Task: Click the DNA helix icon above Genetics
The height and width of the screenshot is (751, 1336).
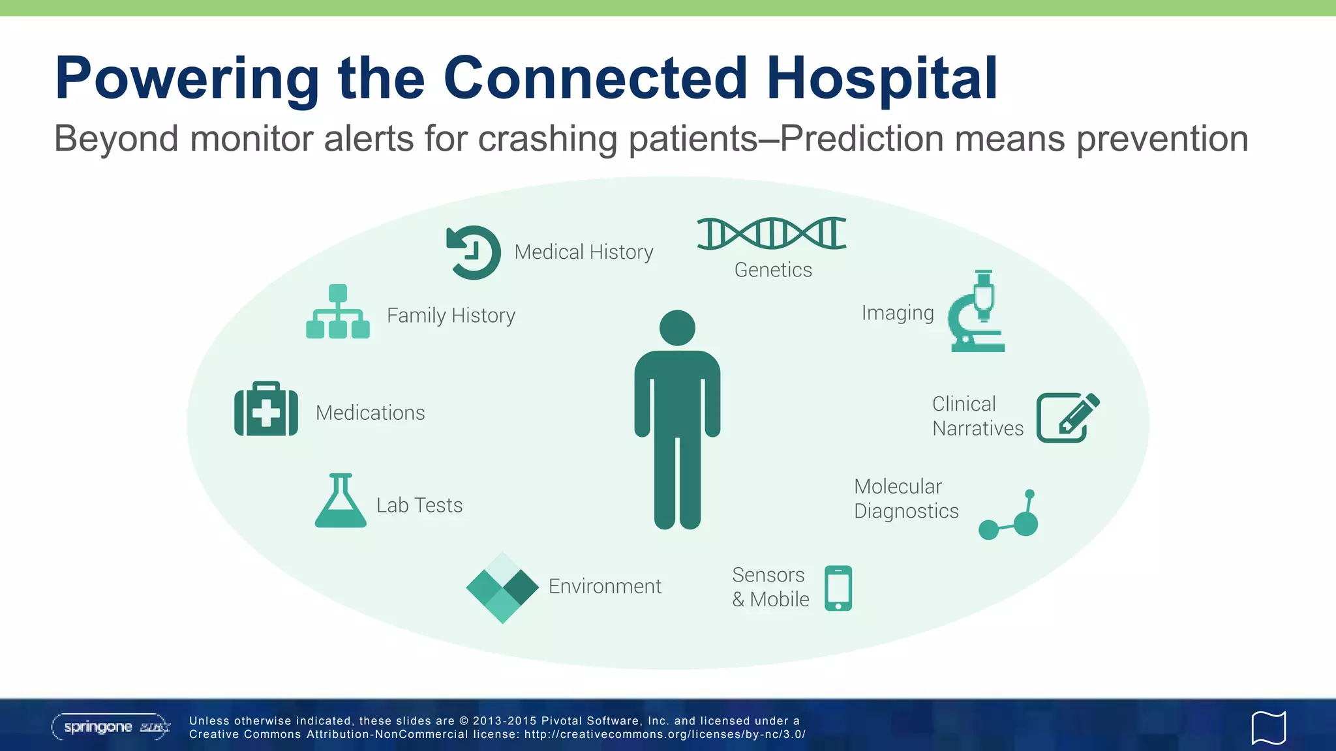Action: [x=772, y=233]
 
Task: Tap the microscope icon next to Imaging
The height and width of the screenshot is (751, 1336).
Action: [x=977, y=312]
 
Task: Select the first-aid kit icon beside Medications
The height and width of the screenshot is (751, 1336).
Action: [x=266, y=409]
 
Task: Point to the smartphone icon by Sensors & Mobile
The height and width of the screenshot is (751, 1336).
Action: [x=838, y=588]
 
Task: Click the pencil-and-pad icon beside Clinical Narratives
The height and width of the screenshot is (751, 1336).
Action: [x=1067, y=417]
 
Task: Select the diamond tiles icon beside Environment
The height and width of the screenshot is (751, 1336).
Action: [x=502, y=587]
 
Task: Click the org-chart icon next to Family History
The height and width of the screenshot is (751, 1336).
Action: [x=338, y=312]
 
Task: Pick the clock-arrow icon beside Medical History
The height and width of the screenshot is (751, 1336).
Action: [x=474, y=252]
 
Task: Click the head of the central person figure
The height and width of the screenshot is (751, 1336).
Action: [x=677, y=328]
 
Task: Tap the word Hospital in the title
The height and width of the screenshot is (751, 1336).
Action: [x=881, y=78]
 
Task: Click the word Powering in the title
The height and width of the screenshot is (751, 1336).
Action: [x=187, y=80]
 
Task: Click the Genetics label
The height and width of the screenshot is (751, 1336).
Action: [x=773, y=270]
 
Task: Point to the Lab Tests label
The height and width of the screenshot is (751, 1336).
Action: [x=419, y=505]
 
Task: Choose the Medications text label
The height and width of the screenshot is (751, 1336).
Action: [x=370, y=413]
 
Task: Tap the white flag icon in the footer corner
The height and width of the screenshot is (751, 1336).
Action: [x=1268, y=728]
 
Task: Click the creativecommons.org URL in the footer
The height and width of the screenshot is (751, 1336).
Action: [x=665, y=734]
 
